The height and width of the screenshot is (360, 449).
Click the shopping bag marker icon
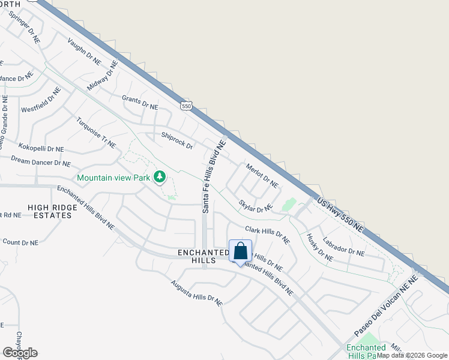(240, 251)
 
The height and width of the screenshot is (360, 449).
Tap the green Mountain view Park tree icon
(159, 177)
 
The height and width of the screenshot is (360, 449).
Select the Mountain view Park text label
(113, 178)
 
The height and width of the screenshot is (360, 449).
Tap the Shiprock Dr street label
(176, 141)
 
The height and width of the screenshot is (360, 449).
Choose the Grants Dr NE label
(139, 103)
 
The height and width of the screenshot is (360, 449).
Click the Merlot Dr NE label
(262, 175)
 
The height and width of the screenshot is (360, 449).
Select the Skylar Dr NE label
(256, 206)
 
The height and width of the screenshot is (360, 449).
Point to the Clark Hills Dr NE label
(267, 234)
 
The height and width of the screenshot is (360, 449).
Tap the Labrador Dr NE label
(343, 245)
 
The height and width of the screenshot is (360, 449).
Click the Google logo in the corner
(20, 353)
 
